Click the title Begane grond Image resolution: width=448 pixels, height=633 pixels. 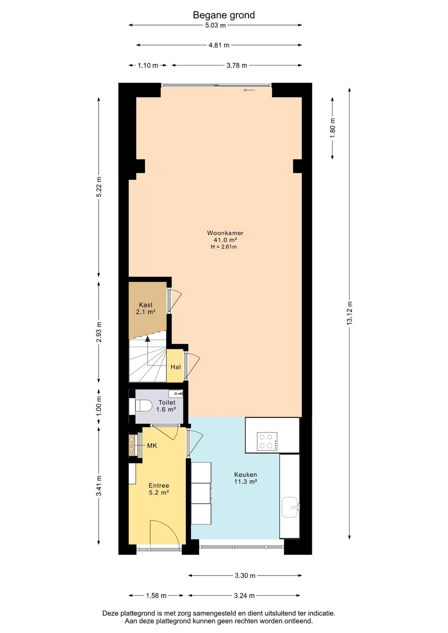pos(224,15)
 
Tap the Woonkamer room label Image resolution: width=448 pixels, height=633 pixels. pos(225,233)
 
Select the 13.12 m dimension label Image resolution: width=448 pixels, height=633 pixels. pos(350,313)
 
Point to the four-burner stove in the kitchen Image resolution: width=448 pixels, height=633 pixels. pos(267,441)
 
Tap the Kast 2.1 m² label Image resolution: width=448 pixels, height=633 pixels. pos(146,308)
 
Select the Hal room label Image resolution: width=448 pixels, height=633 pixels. pos(175,367)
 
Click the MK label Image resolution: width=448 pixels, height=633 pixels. pos(152,446)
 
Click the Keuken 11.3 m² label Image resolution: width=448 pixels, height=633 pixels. pos(245,478)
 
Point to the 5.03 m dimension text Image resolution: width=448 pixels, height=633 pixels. pos(215,25)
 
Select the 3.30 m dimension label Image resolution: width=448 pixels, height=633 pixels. pos(245,575)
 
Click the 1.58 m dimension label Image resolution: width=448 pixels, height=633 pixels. pos(156,595)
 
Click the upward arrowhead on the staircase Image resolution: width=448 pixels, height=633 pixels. pos(148,339)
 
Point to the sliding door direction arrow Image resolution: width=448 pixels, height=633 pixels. pos(249,90)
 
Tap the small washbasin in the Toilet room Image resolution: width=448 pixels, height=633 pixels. pos(175,393)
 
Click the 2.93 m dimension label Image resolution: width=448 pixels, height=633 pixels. pos(99,332)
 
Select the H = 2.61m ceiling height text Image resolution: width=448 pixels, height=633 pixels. pos(224,247)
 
